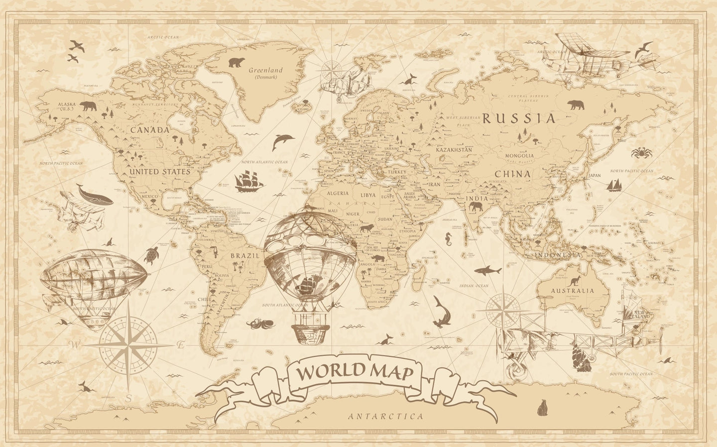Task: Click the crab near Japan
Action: [x=639, y=152]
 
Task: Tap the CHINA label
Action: [x=512, y=174]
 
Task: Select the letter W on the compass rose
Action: [x=76, y=343]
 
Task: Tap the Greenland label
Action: [x=265, y=70]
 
